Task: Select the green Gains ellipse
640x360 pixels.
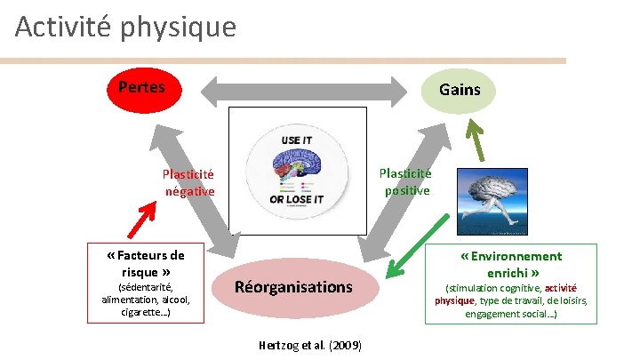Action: tap(459, 90)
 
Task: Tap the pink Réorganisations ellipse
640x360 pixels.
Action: tap(292, 286)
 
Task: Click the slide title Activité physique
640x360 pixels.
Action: tap(126, 27)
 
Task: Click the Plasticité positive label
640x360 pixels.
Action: tap(405, 182)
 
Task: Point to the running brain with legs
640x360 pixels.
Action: tap(500, 203)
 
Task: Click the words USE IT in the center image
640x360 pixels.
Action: tap(296, 140)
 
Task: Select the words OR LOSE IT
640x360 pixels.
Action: tap(296, 199)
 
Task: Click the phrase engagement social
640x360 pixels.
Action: tap(508, 314)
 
